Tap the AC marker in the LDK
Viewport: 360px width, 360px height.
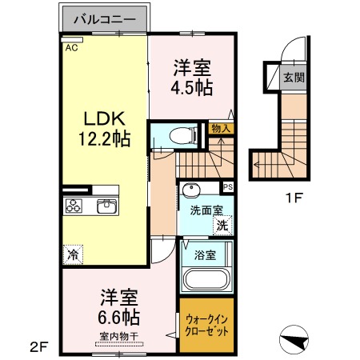pyautogui.click(x=71, y=48)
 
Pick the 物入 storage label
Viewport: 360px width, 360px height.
pyautogui.click(x=220, y=127)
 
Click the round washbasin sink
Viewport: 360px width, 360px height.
pyautogui.click(x=191, y=190)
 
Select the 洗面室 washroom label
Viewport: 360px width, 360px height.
pyautogui.click(x=206, y=211)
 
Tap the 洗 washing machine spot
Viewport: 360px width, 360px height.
pyautogui.click(x=222, y=226)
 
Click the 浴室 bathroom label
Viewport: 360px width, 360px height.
pyautogui.click(x=205, y=255)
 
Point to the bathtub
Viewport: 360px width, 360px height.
pyautogui.click(x=206, y=281)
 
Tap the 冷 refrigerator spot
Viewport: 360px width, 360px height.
pyautogui.click(x=73, y=255)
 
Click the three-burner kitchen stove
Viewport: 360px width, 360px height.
pyautogui.click(x=74, y=206)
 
